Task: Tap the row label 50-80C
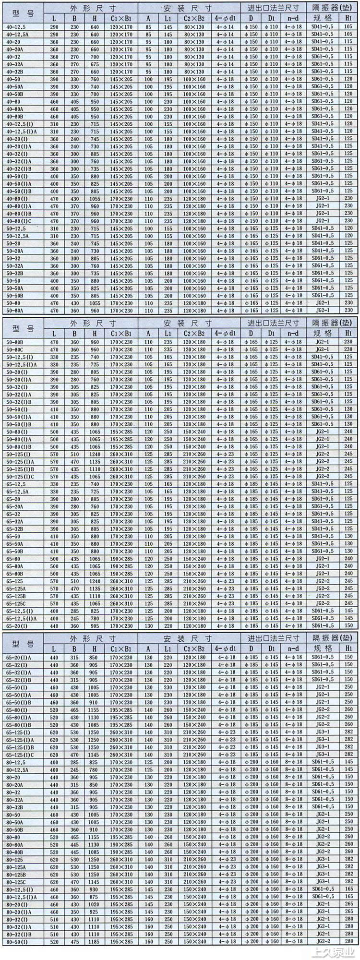(x=15, y=350)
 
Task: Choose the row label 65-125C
(x=16, y=603)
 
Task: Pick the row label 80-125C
(x=16, y=882)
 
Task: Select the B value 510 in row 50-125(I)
(x=74, y=454)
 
